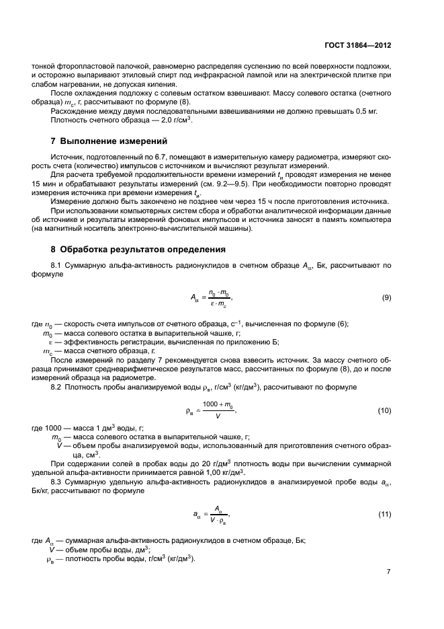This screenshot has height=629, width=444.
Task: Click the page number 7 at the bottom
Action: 388,571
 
